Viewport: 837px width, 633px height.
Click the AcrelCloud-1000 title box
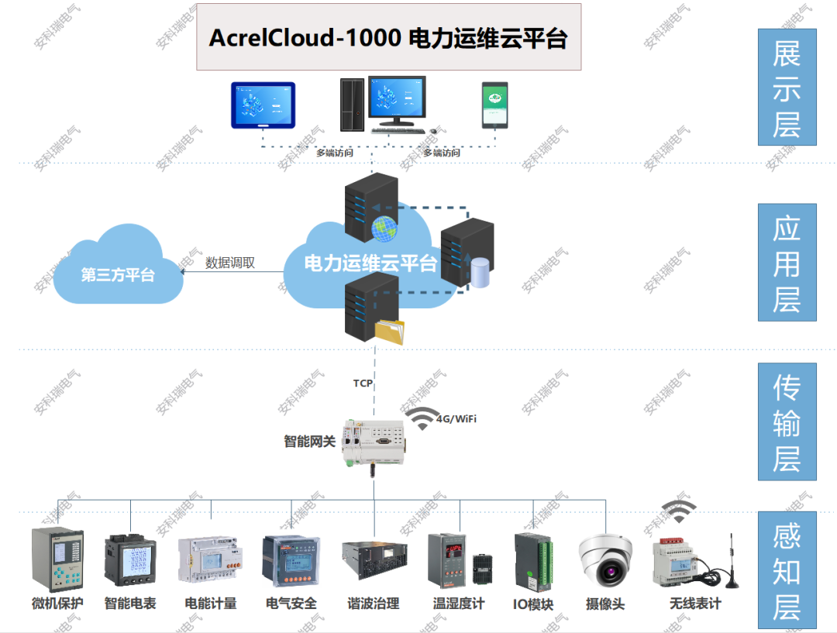[x=388, y=37]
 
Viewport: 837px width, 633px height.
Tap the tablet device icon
[x=263, y=105]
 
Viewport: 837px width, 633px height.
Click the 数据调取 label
[x=230, y=263]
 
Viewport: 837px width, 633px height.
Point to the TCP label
[x=363, y=383]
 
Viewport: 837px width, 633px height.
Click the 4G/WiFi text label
[x=456, y=419]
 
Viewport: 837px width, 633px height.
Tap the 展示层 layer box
[x=787, y=88]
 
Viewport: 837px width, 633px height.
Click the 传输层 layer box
[x=787, y=421]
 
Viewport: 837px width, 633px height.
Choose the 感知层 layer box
[x=787, y=569]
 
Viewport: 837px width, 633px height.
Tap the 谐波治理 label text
[x=373, y=604]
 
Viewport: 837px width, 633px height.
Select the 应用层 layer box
[x=787, y=262]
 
